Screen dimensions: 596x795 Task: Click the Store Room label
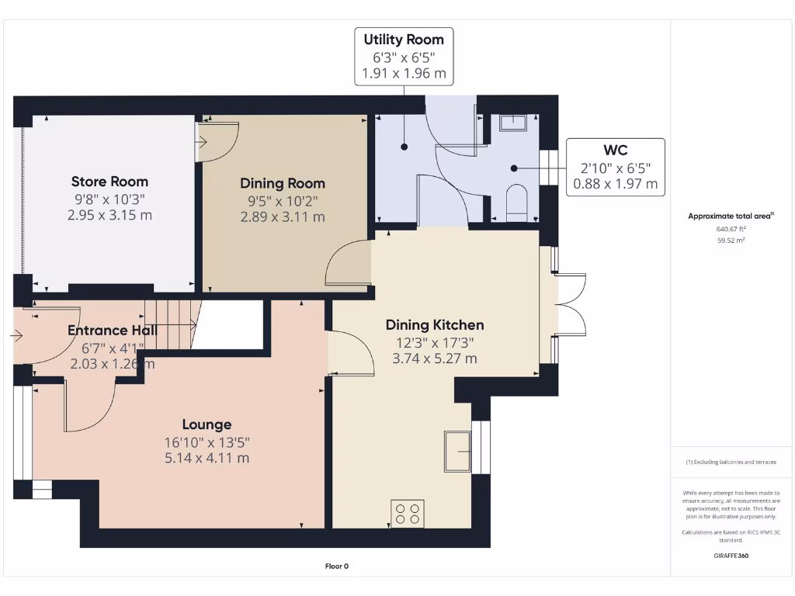tap(109, 182)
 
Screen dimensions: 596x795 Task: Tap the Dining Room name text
tap(283, 184)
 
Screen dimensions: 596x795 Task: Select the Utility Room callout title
tap(404, 40)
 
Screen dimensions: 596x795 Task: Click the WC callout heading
tap(615, 150)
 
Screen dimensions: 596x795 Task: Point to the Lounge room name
tap(207, 424)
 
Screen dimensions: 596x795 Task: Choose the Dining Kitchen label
tap(435, 325)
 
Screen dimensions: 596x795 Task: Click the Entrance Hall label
tap(112, 331)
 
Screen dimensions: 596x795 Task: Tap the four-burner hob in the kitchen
tap(408, 514)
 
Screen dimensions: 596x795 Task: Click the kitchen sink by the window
tap(457, 451)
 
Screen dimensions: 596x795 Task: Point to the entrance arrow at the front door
tap(18, 336)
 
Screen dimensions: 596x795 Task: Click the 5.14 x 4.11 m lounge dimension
tap(207, 458)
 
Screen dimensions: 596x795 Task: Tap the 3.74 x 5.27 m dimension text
tap(435, 359)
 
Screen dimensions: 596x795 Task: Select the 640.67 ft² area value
tap(731, 229)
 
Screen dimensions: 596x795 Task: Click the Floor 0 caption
tap(336, 567)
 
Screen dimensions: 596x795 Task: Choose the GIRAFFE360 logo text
tap(730, 556)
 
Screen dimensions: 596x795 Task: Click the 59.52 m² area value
tap(731, 241)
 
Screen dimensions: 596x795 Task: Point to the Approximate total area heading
tap(731, 216)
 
